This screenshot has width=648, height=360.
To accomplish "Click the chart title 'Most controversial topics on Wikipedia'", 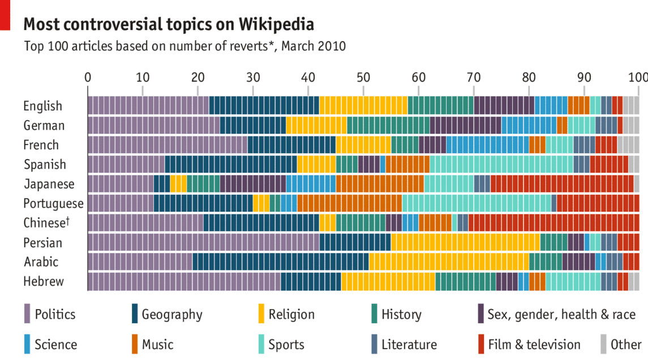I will click(168, 25).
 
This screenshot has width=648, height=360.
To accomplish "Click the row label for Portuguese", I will click(53, 204).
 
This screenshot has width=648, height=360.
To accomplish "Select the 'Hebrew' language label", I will click(44, 281).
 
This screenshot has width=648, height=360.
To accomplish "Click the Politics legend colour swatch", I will click(27, 314).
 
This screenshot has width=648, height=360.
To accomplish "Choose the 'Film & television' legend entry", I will click(534, 345).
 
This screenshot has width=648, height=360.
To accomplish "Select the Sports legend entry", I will click(286, 345).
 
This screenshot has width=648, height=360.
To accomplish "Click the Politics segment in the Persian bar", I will click(203, 242).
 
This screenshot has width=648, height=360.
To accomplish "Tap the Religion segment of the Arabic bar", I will click(449, 262).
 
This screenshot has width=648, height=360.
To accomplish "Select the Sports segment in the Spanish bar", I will click(501, 164).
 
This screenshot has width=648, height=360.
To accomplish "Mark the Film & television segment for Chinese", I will click(553, 223).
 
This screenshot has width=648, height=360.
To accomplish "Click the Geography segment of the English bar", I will click(264, 106).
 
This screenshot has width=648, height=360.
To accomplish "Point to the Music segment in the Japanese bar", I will click(380, 184).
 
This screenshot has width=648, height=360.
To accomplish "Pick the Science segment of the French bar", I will click(487, 145).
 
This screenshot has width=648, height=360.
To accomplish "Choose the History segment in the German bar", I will click(388, 125).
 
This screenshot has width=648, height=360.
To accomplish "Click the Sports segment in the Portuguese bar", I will click(476, 203).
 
